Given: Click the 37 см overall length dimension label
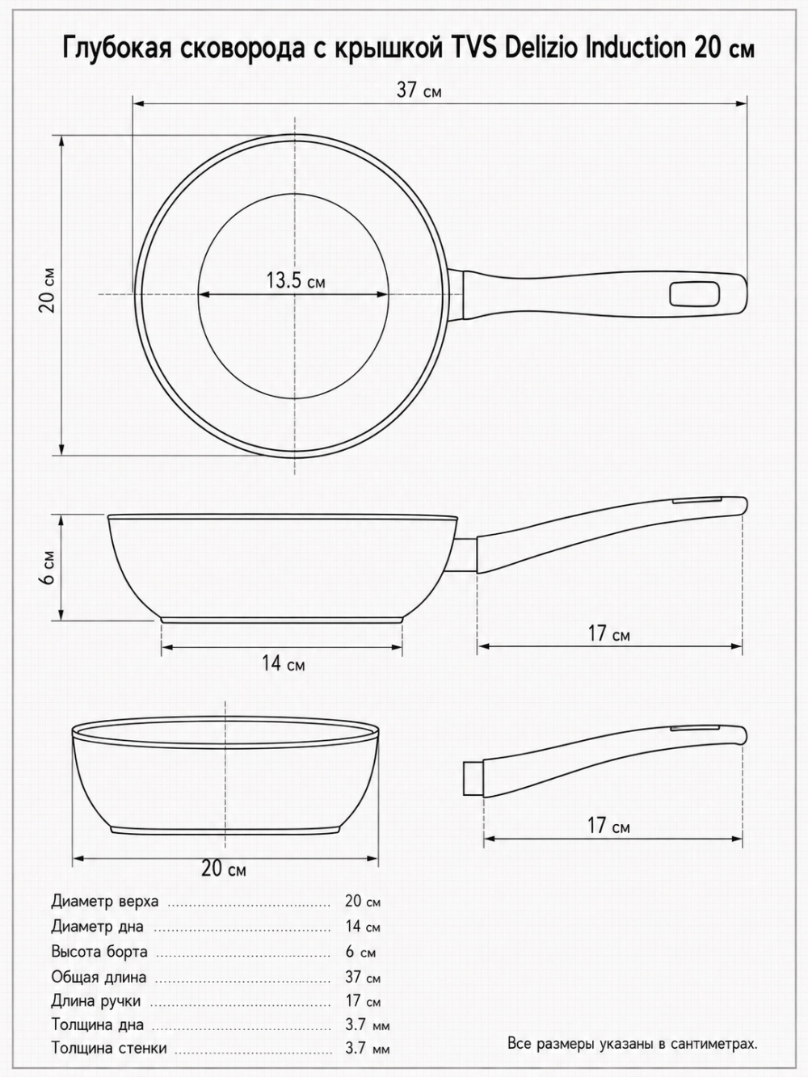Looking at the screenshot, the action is tap(419, 90).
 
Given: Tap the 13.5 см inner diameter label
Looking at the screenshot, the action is tap(296, 280).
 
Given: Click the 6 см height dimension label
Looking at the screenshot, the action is tap(48, 567).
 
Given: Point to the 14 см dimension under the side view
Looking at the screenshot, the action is tap(283, 663).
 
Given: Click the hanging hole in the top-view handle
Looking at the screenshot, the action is tap(695, 296).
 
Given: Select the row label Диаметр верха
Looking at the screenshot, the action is tap(105, 902).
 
